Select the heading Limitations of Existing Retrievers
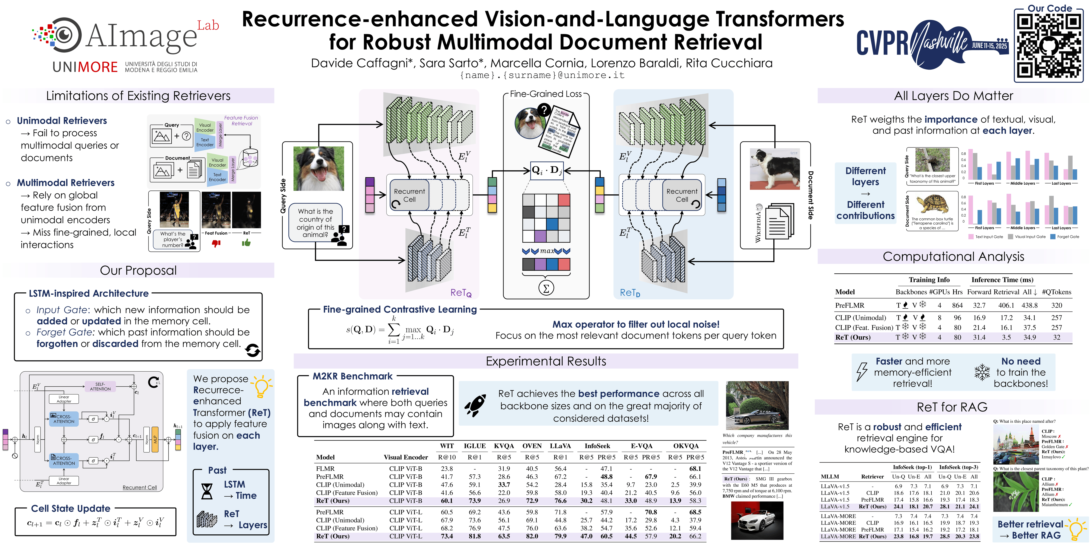(x=138, y=96)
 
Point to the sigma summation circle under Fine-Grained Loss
(x=546, y=288)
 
